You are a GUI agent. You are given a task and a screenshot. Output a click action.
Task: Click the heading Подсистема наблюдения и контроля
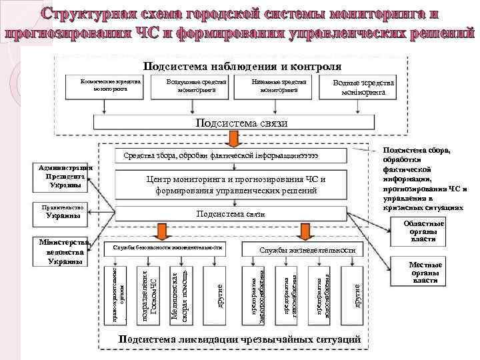point(243,66)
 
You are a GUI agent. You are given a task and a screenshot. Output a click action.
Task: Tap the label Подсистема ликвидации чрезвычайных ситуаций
point(238,340)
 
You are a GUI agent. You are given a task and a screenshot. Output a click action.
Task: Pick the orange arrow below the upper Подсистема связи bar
point(234,138)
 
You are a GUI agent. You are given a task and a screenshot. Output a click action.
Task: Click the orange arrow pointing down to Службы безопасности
point(161,231)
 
